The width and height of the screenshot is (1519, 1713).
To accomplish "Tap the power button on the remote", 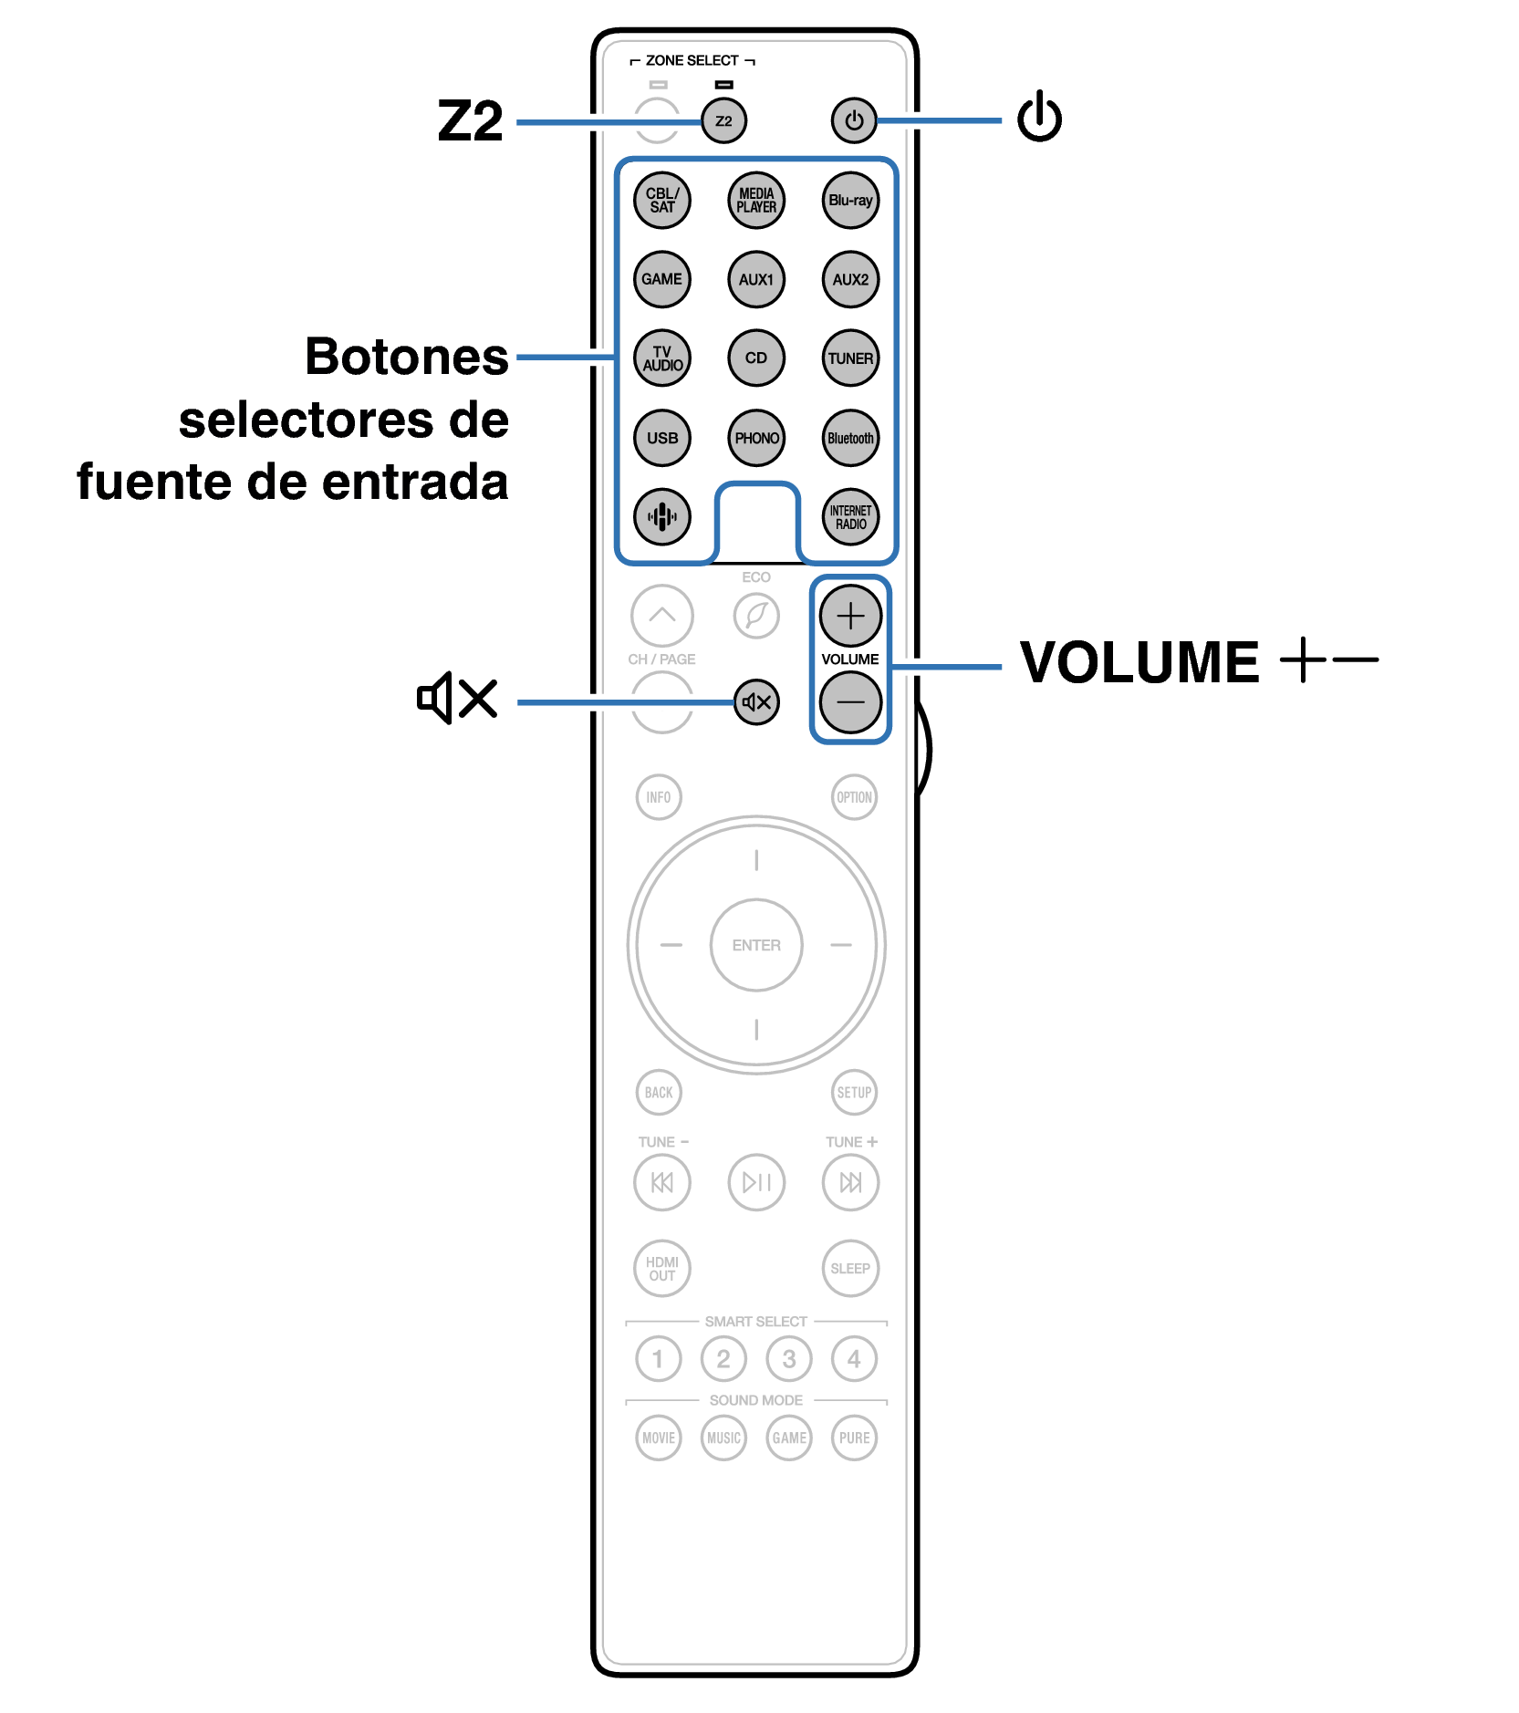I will coord(853,120).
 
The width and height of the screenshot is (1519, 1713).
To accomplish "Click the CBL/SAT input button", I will coord(662,201).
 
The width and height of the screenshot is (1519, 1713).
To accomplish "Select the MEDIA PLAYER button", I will coord(756,201).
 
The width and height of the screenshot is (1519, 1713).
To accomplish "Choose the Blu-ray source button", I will coord(850,201).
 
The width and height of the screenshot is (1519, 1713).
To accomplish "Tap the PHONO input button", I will coord(756,438).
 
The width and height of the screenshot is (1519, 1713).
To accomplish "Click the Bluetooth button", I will coord(850,438).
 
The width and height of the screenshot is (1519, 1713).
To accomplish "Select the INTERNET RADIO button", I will coord(850,517).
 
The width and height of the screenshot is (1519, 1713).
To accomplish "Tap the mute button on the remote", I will coord(756,702).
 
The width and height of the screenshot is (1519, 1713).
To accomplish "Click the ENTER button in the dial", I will coord(756,945).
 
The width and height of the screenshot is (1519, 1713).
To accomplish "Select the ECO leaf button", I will coord(756,617).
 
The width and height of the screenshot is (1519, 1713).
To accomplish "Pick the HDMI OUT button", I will coord(662,1269).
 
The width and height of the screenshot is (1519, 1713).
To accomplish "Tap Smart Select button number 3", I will coord(789,1359).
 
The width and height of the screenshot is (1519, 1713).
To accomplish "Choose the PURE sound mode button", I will coord(854,1438).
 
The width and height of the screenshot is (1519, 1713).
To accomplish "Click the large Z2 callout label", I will coord(470,121).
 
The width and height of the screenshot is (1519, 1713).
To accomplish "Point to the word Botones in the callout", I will coord(406,357).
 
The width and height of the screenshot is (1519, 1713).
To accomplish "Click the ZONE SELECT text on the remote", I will coord(692,60).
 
